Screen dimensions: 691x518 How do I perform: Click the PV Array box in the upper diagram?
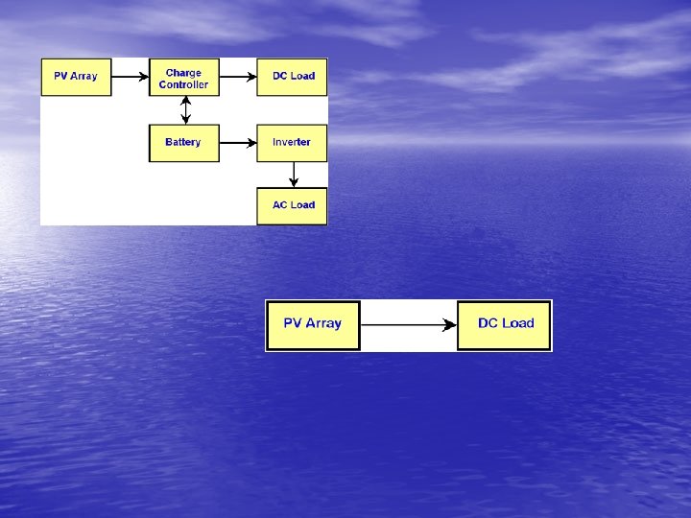[76, 77]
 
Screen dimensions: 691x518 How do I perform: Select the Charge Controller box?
[183, 78]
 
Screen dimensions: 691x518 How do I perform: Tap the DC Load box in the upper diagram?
[292, 77]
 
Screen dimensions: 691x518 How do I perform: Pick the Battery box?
[183, 143]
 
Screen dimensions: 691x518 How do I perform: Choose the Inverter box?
[292, 143]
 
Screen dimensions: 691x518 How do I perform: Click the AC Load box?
[292, 205]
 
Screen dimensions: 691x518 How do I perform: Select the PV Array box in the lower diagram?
[313, 324]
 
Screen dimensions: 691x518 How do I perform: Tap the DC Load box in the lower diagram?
[505, 324]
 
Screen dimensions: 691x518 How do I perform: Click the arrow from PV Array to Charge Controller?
[131, 77]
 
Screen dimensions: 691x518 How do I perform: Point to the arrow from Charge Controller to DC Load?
[237, 77]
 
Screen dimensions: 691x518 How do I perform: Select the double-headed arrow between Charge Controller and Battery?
[184, 109]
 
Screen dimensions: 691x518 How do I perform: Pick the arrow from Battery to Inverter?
[237, 143]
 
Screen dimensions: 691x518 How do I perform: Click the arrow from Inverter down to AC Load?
[294, 174]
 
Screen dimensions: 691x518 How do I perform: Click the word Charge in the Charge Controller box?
[183, 72]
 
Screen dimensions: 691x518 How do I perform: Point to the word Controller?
[183, 84]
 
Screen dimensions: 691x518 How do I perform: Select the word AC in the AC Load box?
[279, 205]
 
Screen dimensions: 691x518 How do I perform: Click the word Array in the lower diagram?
[324, 323]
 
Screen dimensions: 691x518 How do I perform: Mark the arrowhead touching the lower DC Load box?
[450, 325]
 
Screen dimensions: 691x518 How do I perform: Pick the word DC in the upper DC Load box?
[280, 77]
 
